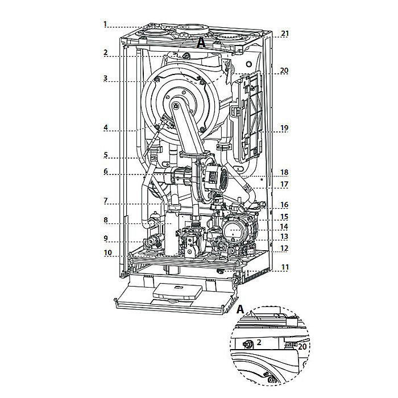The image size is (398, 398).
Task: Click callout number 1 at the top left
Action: pos(106,24)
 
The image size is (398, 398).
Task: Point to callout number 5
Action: pos(106,155)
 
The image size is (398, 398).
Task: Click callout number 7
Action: pos(106,201)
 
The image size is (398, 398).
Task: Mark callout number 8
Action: pos(106,219)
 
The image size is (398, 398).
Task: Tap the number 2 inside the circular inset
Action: pos(259,343)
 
